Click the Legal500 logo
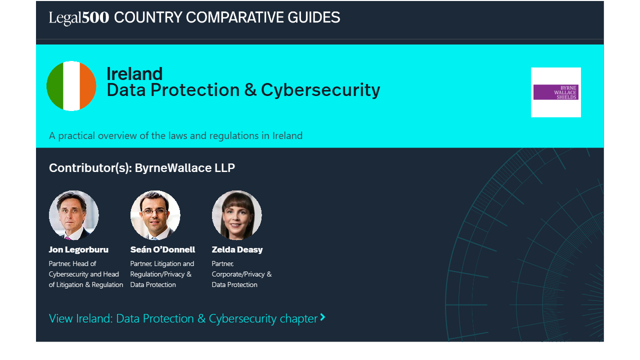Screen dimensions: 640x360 click(x=79, y=17)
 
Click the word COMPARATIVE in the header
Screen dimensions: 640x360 click(x=234, y=17)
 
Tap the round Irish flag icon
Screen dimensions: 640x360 click(x=71, y=85)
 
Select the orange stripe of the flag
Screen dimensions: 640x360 click(x=88, y=85)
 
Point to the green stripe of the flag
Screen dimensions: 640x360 click(x=55, y=85)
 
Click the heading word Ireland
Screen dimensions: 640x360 click(x=134, y=73)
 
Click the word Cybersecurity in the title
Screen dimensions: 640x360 click(x=320, y=90)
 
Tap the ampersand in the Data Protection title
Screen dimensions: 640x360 click(x=250, y=90)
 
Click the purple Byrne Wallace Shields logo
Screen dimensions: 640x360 click(x=555, y=92)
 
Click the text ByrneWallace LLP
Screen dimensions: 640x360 click(x=185, y=168)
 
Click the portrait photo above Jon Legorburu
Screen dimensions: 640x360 click(x=73, y=215)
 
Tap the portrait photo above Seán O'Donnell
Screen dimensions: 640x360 click(x=155, y=215)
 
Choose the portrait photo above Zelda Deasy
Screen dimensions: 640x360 click(x=236, y=215)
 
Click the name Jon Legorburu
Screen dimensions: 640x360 click(x=78, y=249)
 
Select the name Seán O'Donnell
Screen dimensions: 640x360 click(x=162, y=249)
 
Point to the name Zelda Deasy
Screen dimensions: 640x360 click(x=237, y=249)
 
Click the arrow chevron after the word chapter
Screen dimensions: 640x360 click(x=322, y=317)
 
